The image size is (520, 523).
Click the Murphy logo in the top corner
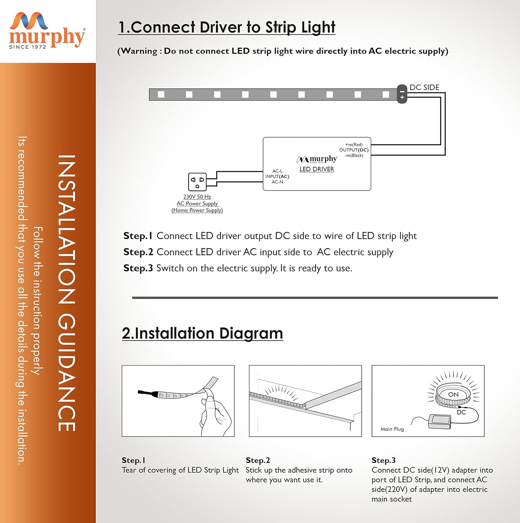(x=47, y=31)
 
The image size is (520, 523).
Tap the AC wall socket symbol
(x=197, y=182)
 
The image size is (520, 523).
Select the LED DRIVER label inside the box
(x=317, y=169)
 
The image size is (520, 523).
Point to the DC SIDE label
(x=424, y=88)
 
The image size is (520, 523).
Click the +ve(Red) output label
(x=354, y=144)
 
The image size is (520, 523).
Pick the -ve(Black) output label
(x=354, y=156)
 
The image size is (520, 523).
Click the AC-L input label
(x=277, y=171)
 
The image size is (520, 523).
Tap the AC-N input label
(x=277, y=182)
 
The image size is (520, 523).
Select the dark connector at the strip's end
(x=402, y=94)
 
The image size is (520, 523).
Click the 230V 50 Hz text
(x=197, y=197)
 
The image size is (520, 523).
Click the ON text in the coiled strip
(x=453, y=394)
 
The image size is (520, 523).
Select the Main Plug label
(x=392, y=429)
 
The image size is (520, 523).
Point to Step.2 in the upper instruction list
(x=138, y=252)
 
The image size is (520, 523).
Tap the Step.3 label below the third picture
(x=384, y=460)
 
